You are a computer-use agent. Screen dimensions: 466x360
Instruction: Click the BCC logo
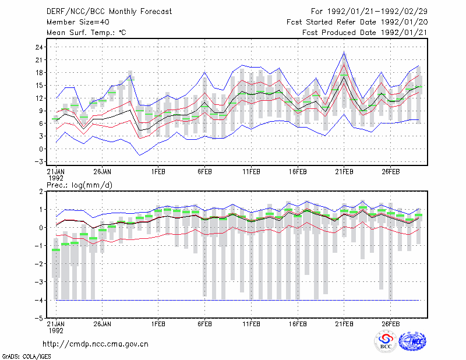coord(386,341)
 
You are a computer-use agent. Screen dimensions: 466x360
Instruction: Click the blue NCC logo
coord(412,341)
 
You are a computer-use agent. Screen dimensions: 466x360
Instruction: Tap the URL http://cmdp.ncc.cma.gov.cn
coord(96,344)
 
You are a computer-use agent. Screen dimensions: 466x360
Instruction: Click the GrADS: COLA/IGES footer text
coord(27,357)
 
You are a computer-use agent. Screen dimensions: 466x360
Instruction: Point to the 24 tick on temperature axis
coord(39,47)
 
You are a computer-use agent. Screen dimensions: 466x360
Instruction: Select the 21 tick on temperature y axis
coord(39,60)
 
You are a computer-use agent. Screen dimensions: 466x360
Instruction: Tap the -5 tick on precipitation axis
coord(38,318)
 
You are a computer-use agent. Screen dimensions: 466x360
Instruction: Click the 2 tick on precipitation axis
coord(41,192)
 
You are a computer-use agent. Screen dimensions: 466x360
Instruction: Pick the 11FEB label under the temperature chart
coord(252,172)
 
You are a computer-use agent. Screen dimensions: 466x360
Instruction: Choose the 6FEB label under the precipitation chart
coord(205,324)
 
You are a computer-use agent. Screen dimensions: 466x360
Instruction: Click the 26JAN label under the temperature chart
coord(103,172)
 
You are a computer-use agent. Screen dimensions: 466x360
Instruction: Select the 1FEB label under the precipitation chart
coord(158,324)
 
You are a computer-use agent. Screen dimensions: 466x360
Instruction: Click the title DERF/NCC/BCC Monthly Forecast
coord(109,12)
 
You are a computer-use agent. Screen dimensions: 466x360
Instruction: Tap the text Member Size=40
coord(78,22)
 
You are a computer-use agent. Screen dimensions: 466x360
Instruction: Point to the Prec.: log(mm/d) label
coord(79,185)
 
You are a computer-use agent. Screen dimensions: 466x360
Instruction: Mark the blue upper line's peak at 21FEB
coord(344,52)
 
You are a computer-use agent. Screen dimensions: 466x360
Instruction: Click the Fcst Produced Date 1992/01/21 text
coord(365,33)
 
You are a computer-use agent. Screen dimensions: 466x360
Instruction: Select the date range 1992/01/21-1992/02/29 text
coord(377,12)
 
